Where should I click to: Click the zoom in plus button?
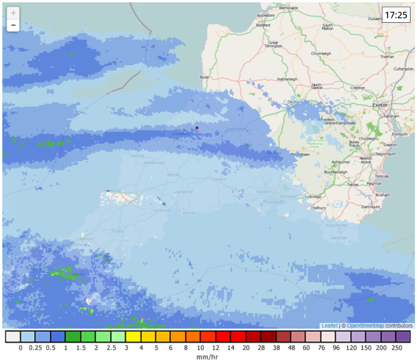(x=13, y=13)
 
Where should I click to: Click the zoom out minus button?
(x=13, y=25)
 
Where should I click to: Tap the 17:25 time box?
(x=396, y=15)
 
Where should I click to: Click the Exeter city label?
(x=380, y=104)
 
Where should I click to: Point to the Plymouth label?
(x=274, y=202)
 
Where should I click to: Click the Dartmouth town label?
(x=371, y=207)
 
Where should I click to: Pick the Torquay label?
(x=382, y=176)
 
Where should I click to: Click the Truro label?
(x=116, y=231)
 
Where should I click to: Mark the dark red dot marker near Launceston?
(x=197, y=128)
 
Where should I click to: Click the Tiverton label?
(x=387, y=57)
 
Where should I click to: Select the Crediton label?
(x=358, y=88)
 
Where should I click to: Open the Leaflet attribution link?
(x=329, y=326)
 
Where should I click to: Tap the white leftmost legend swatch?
(x=13, y=337)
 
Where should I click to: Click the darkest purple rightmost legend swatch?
(x=403, y=337)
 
